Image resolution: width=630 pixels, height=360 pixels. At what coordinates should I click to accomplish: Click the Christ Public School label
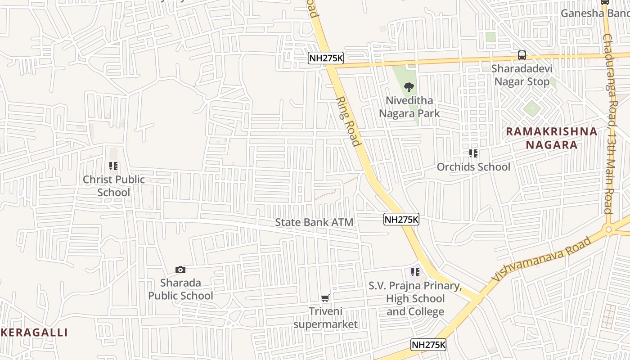click(x=114, y=186)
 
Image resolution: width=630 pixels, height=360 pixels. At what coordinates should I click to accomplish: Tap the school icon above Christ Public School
click(x=113, y=166)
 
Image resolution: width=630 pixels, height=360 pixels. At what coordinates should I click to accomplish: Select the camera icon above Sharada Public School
click(x=180, y=270)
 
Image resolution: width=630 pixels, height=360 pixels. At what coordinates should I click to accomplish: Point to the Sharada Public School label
click(x=180, y=289)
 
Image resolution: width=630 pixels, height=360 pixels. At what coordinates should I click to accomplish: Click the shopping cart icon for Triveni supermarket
click(x=325, y=298)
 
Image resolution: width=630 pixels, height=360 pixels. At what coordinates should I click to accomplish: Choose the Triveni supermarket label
click(x=326, y=318)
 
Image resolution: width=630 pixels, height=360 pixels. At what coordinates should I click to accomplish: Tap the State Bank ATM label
click(x=314, y=222)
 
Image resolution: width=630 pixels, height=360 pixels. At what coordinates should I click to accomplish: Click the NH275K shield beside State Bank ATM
click(x=401, y=220)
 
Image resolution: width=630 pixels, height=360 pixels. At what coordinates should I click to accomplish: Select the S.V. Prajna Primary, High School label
click(x=415, y=299)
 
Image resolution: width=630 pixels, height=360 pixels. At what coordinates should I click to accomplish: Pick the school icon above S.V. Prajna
click(x=415, y=272)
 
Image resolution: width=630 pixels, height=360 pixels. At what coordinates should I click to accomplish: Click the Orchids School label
click(x=473, y=167)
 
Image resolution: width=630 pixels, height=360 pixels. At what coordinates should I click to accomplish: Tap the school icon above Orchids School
click(x=473, y=153)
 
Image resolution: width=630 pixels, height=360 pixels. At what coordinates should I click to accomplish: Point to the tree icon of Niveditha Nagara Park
click(x=409, y=87)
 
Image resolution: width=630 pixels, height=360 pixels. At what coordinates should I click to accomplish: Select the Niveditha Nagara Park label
click(x=409, y=107)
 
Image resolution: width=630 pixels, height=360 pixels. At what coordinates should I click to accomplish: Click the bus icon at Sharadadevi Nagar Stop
click(x=522, y=55)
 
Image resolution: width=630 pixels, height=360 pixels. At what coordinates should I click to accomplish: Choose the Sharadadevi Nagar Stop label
click(x=522, y=75)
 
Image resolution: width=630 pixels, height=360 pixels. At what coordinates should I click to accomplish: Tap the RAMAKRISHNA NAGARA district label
click(x=552, y=138)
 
